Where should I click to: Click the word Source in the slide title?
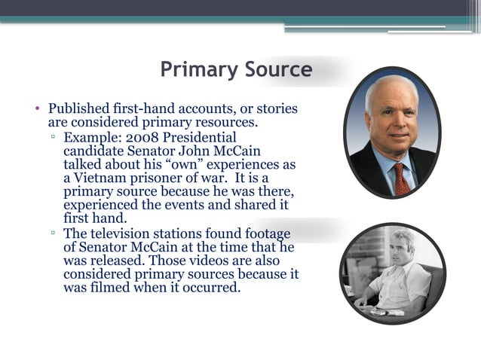point(277,70)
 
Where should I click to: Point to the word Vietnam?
point(101,178)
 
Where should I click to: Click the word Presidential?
point(200,137)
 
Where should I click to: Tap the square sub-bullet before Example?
point(54,138)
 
